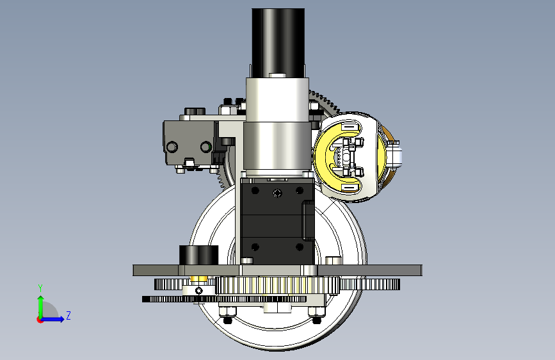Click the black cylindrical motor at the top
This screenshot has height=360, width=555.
278,42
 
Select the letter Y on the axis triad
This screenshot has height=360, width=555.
40,288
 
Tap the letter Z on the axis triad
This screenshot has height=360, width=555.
68,315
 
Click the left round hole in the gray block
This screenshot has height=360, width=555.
172,147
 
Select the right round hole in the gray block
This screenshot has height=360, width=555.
205,147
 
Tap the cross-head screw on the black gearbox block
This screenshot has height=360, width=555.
278,193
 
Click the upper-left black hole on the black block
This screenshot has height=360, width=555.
255,191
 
